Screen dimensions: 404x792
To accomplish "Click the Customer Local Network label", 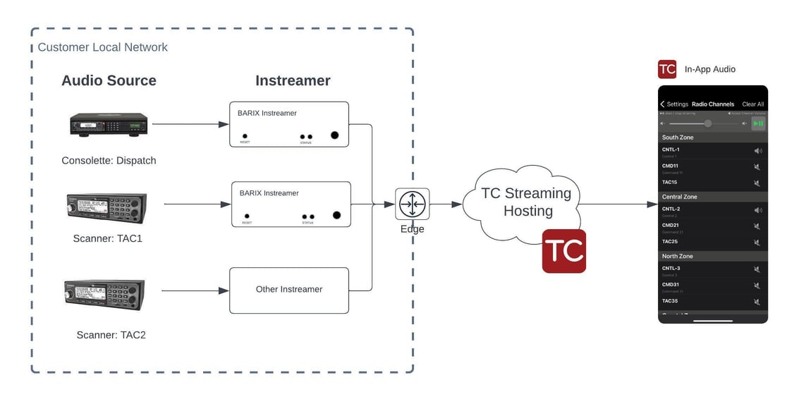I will [x=102, y=47].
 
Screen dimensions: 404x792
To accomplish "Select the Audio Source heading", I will [x=109, y=80].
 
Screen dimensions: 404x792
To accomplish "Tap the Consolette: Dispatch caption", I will [x=109, y=160].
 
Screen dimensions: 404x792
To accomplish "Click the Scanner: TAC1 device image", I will [x=106, y=209].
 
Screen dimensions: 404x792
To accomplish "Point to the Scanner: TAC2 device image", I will [x=104, y=295].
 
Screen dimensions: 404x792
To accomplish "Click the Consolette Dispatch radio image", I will [x=109, y=124].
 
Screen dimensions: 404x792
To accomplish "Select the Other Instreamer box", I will [x=289, y=290].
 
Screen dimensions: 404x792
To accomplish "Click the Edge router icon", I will [x=412, y=204].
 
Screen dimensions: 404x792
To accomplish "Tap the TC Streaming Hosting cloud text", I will [x=526, y=202].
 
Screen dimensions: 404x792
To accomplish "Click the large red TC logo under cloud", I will [x=563, y=251].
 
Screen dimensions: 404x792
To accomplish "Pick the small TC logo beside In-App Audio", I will [x=666, y=69].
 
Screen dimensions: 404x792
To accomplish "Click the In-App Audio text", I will [x=709, y=69].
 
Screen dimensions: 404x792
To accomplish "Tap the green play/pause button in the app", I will [x=757, y=123].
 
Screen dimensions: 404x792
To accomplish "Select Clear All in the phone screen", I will [x=753, y=104].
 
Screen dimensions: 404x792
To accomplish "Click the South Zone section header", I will [x=678, y=137].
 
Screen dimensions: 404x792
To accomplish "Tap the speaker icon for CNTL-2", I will [x=757, y=210].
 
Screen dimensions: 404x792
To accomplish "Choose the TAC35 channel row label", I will [x=670, y=300].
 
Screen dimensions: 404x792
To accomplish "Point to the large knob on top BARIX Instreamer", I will [x=334, y=135].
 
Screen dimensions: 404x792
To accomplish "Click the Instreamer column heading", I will [x=293, y=80].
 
